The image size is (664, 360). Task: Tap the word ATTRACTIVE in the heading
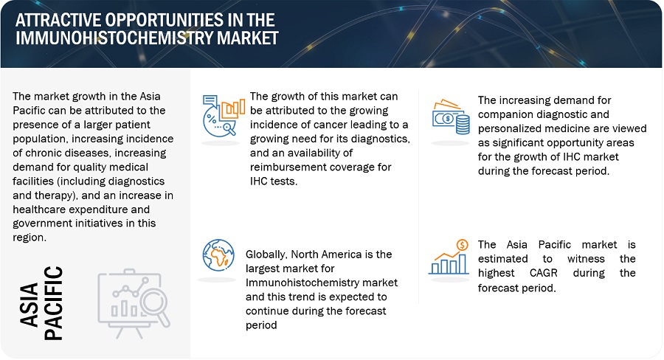[x=58, y=20]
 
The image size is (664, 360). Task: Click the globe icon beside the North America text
[x=218, y=255]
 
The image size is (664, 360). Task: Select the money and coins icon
[x=451, y=117]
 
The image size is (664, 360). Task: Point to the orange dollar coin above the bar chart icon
[x=463, y=245]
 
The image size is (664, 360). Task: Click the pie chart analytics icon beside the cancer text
[x=223, y=115]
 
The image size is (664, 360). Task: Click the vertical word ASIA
[x=30, y=305]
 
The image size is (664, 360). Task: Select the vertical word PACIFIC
[x=53, y=303]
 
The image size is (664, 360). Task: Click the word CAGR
[x=543, y=273]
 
